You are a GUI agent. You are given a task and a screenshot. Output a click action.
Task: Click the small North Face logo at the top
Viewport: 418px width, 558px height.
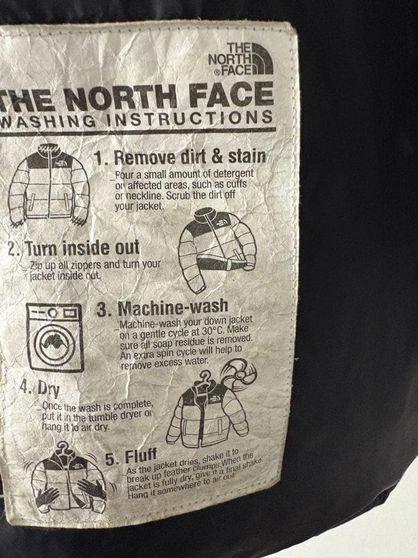tap(240, 59)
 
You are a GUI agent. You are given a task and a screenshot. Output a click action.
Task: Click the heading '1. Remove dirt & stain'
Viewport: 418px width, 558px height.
tap(180, 157)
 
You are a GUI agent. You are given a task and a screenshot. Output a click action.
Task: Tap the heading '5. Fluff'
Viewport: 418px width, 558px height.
tap(131, 457)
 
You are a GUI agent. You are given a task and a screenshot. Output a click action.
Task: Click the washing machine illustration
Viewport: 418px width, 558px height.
tap(55, 337)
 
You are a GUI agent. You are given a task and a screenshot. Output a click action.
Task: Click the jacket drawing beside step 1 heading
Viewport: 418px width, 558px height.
tap(49, 185)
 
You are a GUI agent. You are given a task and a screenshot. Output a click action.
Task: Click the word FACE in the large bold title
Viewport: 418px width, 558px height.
tap(231, 95)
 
